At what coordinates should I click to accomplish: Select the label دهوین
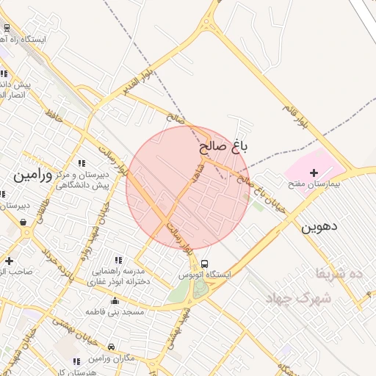click(319, 227)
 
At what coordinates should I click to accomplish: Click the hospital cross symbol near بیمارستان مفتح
click(314, 172)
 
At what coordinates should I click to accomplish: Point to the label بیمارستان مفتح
click(314, 184)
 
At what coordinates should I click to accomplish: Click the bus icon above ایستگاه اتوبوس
click(204, 264)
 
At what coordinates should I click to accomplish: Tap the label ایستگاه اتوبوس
click(205, 275)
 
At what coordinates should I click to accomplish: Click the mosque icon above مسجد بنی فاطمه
click(115, 300)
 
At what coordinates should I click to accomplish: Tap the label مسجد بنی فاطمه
click(115, 312)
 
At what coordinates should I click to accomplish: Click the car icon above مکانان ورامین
click(111, 347)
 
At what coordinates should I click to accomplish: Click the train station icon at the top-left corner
click(7, 27)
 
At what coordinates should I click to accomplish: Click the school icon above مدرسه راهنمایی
click(118, 260)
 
